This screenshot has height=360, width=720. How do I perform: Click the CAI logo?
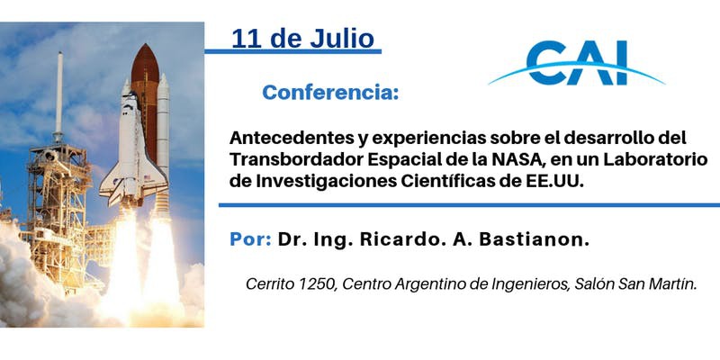(x=577, y=62)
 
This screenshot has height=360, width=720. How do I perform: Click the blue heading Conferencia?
(x=330, y=93)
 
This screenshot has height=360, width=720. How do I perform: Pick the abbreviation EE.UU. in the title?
(x=553, y=181)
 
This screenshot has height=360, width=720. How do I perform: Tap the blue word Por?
(x=250, y=239)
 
